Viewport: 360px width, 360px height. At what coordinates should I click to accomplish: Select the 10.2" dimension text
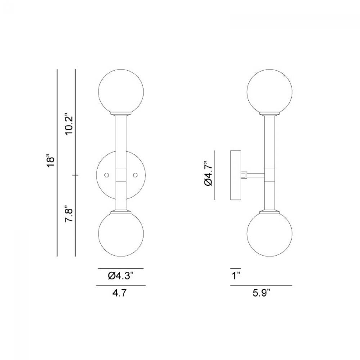(x=69, y=124)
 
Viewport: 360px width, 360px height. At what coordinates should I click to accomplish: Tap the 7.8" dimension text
(x=69, y=213)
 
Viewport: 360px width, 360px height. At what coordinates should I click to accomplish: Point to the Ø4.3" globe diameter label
(x=121, y=275)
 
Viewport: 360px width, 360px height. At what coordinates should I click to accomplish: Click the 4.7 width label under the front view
(x=120, y=293)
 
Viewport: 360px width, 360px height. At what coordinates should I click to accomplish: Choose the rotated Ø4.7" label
(x=208, y=173)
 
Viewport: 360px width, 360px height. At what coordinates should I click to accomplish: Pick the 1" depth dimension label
(x=235, y=275)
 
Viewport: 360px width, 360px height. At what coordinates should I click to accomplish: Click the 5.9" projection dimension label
(x=261, y=293)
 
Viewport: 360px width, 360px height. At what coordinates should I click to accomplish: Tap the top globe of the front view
(x=121, y=92)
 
